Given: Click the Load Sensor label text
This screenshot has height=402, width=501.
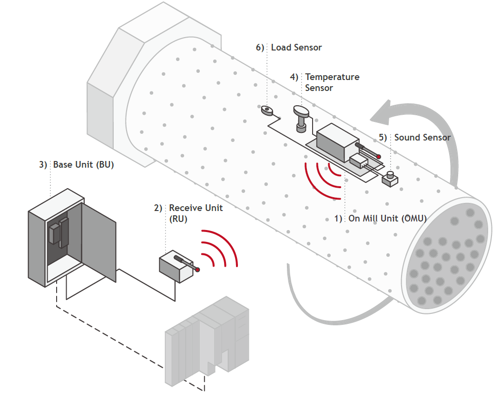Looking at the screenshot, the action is coord(296,47).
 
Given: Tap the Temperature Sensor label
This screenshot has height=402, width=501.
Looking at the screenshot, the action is coord(332,82).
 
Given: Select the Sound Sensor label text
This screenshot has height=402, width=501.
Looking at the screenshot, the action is coord(422,138).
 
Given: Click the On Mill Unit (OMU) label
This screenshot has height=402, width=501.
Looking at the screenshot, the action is coord(388,219).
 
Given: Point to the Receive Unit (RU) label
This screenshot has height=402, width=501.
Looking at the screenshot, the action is coord(196,213).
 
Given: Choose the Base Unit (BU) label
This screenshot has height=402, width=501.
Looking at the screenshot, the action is coord(83,165).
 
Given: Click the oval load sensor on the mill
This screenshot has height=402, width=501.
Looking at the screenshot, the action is coord(267,111).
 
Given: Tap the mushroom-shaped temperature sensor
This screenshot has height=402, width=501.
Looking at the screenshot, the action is coord(301,119).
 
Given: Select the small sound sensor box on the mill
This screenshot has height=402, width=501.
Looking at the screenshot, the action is coord(390,179).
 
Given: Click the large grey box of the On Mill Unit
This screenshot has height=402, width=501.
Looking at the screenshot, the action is coord(337,142).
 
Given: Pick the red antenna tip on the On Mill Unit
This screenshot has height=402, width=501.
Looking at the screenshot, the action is coord(379,157).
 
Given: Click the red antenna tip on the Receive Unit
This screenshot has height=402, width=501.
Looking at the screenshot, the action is coord(197,270).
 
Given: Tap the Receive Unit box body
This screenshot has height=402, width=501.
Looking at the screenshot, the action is coord(176,267).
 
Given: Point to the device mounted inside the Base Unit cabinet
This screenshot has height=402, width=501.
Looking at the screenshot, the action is coord(59,232).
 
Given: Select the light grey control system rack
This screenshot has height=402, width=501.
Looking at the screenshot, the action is coord(207,341).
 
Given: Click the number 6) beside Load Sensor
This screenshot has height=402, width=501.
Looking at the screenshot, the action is coord(260,48).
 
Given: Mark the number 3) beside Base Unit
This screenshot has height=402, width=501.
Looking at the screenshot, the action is coord(43,165).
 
